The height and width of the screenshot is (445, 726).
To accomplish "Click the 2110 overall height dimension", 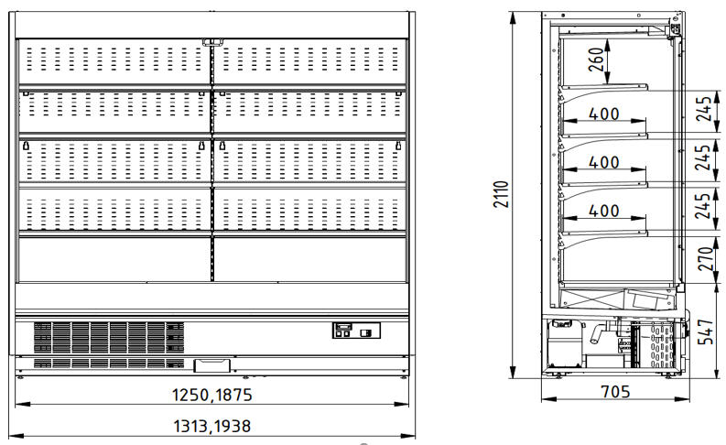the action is click(502, 194).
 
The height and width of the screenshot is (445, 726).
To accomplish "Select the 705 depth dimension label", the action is click(615, 392).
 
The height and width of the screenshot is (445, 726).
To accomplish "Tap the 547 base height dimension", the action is click(705, 331).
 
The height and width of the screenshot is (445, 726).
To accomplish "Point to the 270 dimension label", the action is click(705, 259).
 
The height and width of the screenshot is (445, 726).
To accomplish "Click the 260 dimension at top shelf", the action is click(596, 60).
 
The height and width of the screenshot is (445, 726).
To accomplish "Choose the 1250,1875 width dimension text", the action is click(212, 395).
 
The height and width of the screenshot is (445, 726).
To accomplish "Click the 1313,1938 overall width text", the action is click(212, 426).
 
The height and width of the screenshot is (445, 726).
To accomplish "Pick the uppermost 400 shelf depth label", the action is click(603, 114).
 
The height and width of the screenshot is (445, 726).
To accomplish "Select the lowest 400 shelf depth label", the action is click(603, 212).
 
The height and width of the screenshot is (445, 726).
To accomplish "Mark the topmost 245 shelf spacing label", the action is click(704, 109).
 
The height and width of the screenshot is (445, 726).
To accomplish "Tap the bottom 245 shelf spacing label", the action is click(703, 206).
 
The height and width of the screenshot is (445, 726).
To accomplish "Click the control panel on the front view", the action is click(356, 331).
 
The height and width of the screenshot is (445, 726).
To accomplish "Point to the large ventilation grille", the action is click(109, 338).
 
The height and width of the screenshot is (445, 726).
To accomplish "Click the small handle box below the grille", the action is click(212, 365).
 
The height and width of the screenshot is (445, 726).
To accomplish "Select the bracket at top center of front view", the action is click(212, 43).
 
